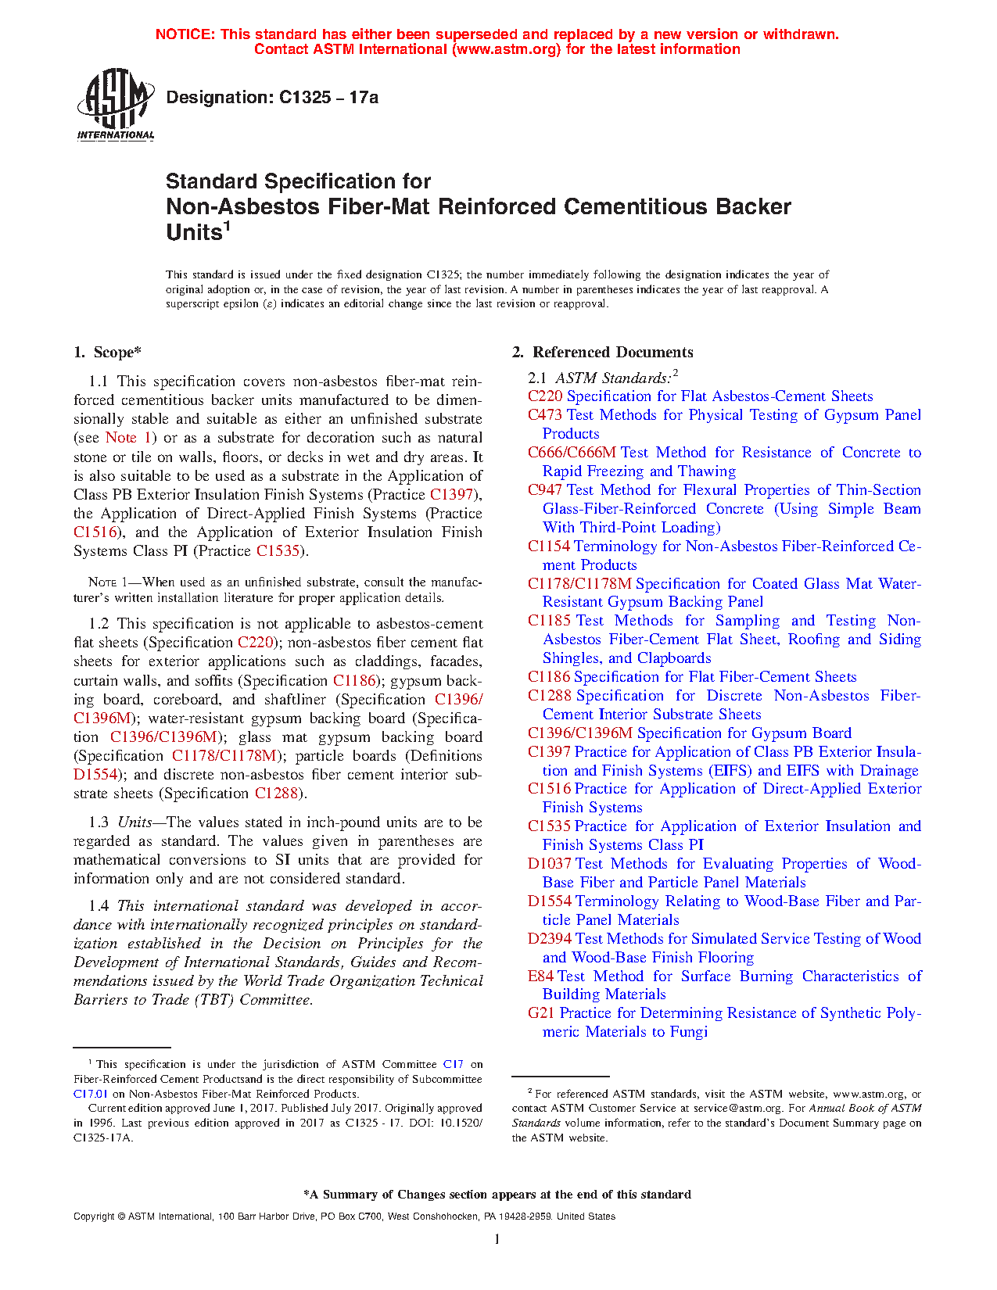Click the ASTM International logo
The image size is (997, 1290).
click(x=116, y=104)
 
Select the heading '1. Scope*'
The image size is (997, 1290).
click(x=107, y=353)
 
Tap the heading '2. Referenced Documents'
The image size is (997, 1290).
click(x=602, y=353)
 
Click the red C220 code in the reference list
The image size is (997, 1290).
click(x=545, y=396)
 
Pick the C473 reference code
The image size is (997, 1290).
click(x=545, y=415)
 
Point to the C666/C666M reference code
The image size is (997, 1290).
click(x=572, y=453)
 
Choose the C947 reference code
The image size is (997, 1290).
click(x=545, y=490)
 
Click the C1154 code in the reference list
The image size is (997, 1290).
click(x=549, y=546)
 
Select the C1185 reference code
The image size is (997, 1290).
click(x=549, y=621)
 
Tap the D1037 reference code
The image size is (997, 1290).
click(x=550, y=864)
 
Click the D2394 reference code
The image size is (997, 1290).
click(x=550, y=939)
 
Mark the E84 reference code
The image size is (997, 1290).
click(x=540, y=976)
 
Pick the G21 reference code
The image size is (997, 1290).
click(x=541, y=1013)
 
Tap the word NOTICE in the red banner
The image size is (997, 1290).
click(x=185, y=34)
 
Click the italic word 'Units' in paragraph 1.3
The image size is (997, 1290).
click(x=134, y=822)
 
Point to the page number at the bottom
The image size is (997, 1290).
click(x=497, y=1238)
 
